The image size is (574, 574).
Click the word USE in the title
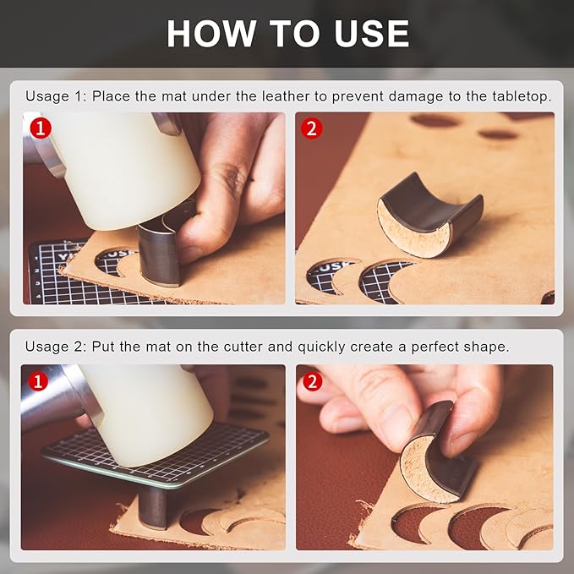[371, 33]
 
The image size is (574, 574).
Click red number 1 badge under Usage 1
[41, 128]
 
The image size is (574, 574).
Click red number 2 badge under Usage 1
[312, 128]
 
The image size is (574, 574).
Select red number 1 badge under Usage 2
[38, 381]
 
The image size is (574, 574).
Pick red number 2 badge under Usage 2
[312, 382]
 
